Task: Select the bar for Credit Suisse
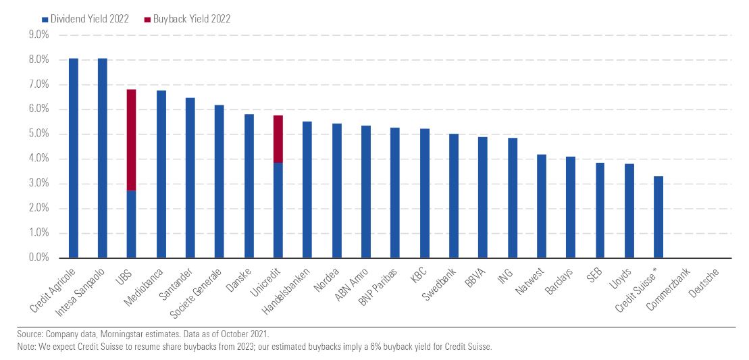click(x=658, y=217)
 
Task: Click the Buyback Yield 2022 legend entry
click(x=190, y=19)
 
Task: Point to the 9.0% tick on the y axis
click(x=39, y=35)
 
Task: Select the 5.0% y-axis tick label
click(x=39, y=134)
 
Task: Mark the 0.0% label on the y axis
click(x=39, y=258)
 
